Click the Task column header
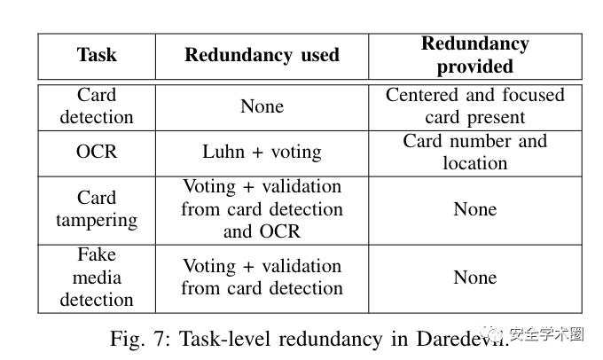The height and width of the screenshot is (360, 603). pos(97,55)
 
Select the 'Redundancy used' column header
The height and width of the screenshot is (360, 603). pos(262,55)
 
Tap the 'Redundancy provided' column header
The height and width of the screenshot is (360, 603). pos(475,55)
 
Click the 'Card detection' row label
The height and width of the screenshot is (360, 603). pos(97,106)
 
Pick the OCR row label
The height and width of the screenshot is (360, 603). pos(97,152)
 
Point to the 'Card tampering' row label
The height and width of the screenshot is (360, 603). pos(97,209)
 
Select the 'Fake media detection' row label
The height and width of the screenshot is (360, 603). pos(97,277)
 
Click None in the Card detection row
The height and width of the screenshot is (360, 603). pos(262,106)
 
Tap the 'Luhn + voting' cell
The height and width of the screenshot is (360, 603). pos(262,152)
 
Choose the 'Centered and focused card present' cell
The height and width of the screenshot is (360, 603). pos(475,106)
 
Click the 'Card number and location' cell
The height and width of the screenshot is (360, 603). pos(475,152)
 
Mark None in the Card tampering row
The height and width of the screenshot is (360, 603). pos(475,209)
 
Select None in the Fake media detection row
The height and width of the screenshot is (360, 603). pos(475,278)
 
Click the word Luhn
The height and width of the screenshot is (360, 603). pos(223,152)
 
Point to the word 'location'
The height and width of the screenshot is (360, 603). pos(475,163)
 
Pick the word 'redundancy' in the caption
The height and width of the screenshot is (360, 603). pos(331,340)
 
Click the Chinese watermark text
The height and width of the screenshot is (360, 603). pos(545,334)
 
